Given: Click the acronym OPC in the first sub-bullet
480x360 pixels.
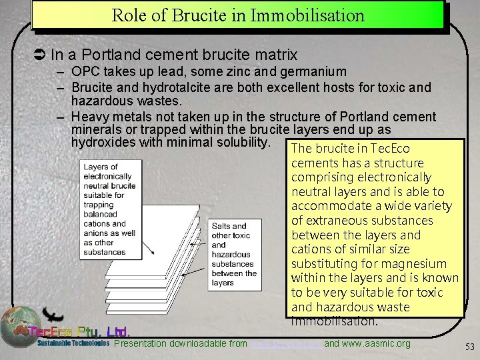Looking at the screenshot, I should [x=85, y=71].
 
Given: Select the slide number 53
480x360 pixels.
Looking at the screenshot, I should [x=469, y=346].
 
